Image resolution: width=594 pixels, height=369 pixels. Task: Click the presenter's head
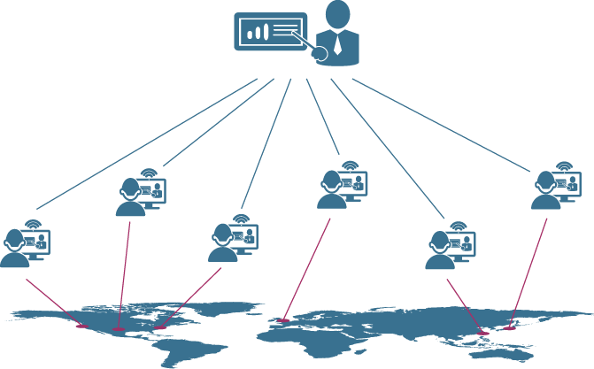[338, 13]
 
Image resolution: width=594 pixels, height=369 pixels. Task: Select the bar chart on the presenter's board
[257, 34]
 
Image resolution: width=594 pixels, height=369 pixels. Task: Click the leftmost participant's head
[14, 239]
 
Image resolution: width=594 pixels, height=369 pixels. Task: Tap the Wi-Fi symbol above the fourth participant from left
[351, 164]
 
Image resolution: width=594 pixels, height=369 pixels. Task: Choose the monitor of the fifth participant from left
[461, 242]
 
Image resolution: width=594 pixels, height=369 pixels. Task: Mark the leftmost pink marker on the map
[82, 327]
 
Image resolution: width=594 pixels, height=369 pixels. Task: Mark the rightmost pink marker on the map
[509, 328]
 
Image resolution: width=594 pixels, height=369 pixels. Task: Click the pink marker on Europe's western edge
[283, 319]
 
